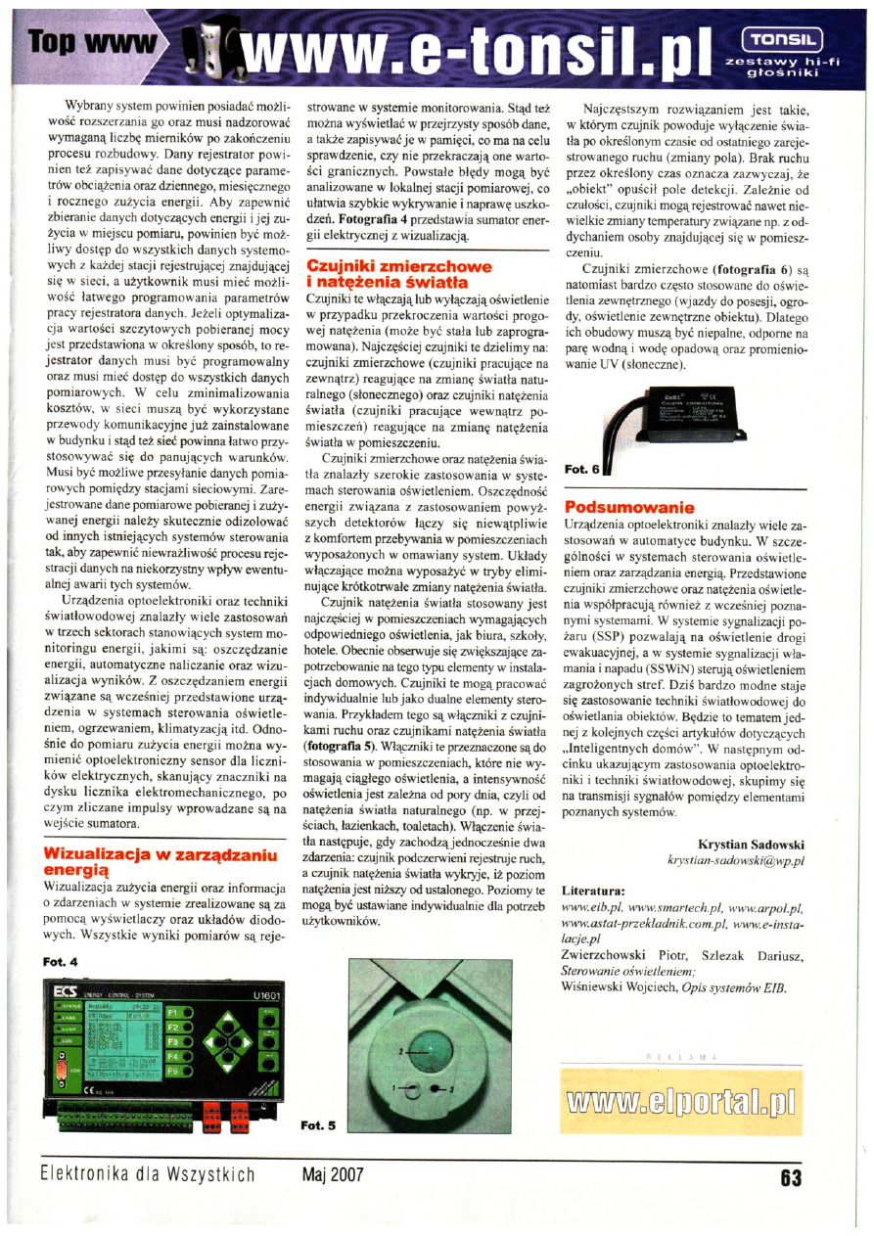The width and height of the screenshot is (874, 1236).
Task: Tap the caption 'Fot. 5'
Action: coord(317,1125)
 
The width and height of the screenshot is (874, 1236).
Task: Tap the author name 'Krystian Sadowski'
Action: coord(751,844)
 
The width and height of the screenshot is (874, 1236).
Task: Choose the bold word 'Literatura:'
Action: coord(594,892)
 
